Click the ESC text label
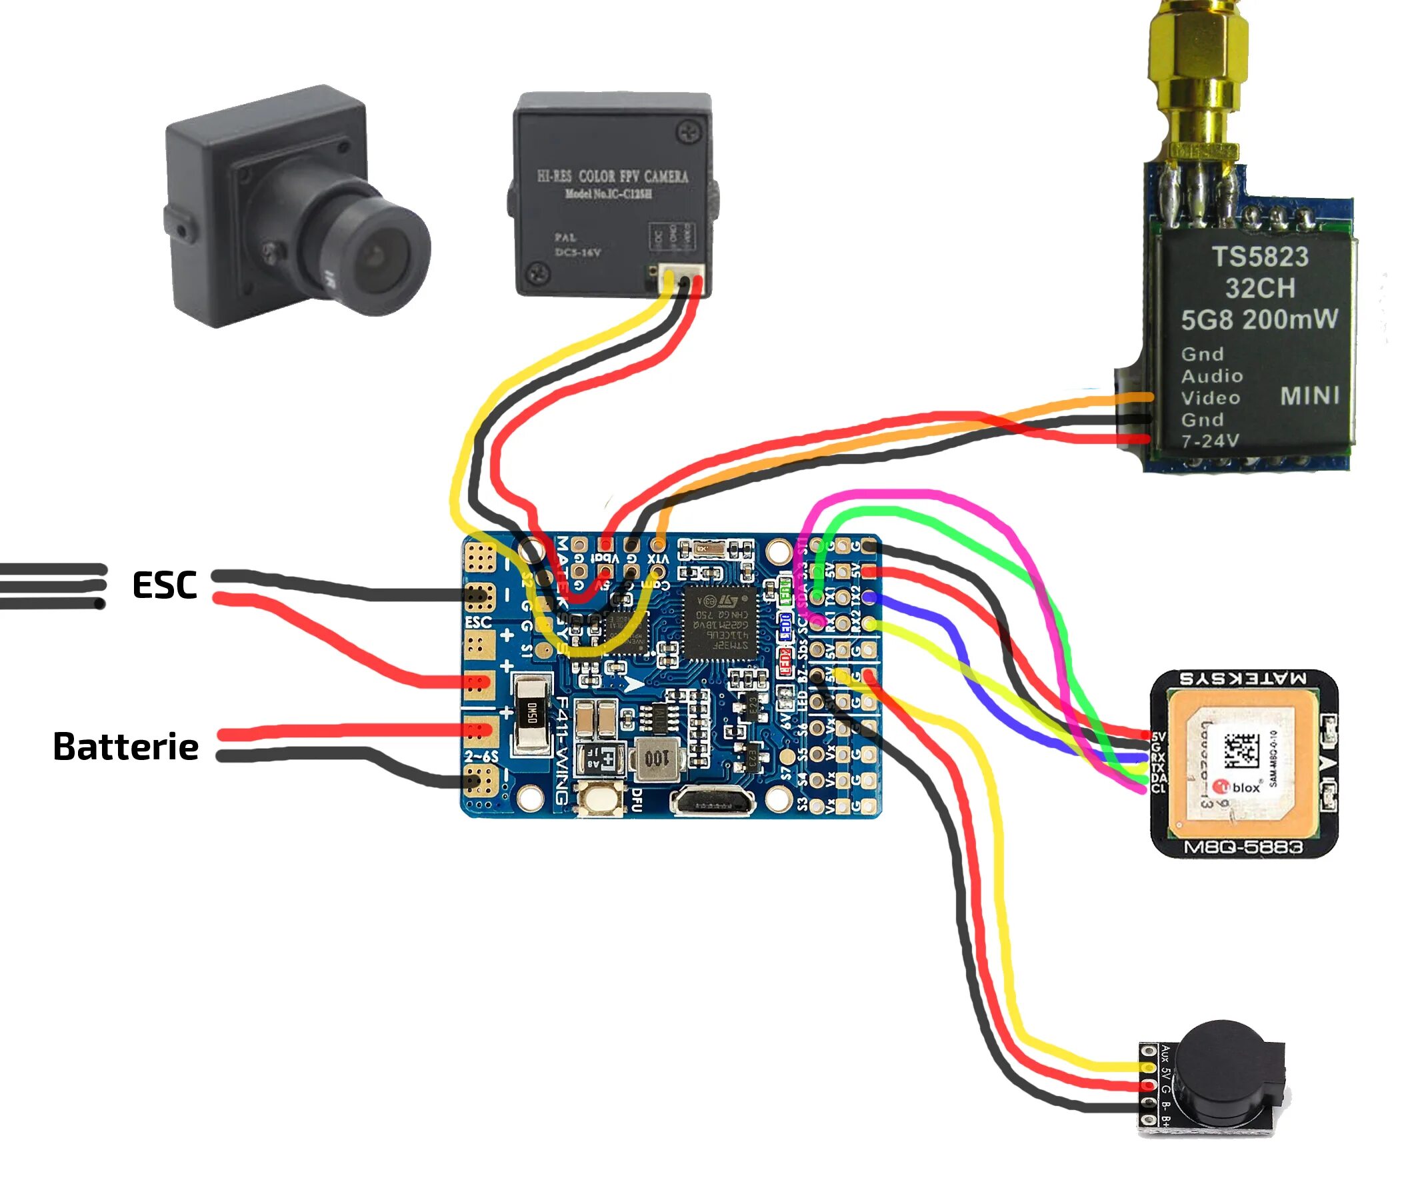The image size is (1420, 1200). (164, 585)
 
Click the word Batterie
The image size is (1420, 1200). (126, 746)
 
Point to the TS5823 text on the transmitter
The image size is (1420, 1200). (1259, 257)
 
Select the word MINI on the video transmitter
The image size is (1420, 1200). (1309, 396)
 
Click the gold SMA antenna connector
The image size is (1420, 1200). (1198, 75)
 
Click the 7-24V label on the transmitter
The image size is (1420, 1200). (1209, 441)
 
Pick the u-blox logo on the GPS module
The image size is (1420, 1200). (1241, 787)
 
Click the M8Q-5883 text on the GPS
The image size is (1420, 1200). (1243, 847)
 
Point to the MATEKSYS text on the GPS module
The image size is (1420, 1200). (1243, 678)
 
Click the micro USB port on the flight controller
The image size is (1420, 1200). (713, 802)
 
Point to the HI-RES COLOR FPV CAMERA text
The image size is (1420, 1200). (613, 177)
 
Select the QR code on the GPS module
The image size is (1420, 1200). (1241, 749)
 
